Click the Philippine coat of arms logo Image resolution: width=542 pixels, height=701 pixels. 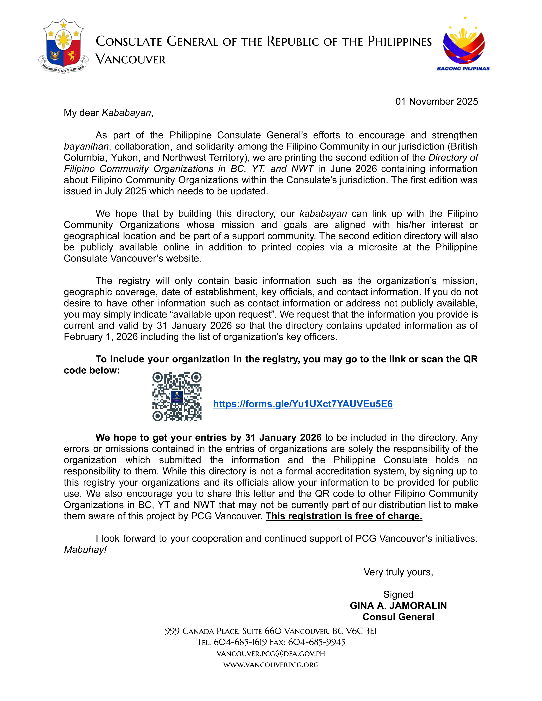coord(63,46)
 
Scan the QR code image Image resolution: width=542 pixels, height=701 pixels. coord(177,397)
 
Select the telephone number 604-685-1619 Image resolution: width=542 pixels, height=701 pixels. coord(240,642)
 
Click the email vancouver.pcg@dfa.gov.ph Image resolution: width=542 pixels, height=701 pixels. coord(271,654)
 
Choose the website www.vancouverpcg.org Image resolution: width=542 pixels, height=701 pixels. coord(271,665)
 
